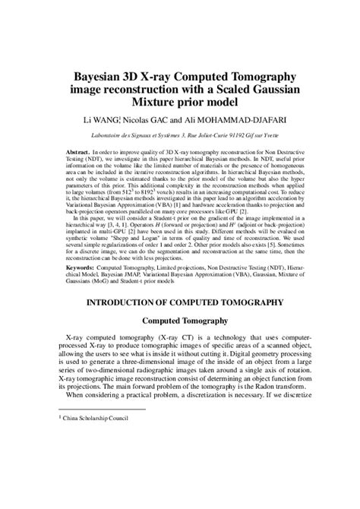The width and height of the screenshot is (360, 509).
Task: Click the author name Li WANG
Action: click(93, 120)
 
